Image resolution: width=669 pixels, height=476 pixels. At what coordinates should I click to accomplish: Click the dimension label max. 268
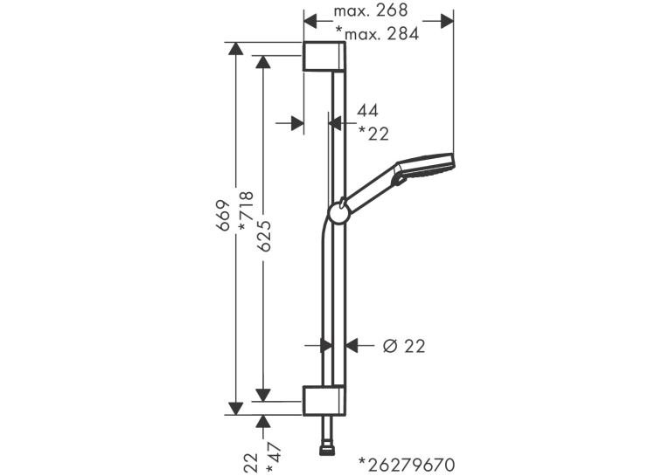point(370,10)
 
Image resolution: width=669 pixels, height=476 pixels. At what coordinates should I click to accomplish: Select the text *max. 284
point(377,33)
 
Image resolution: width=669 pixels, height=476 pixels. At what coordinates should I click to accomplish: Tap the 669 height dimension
point(223,215)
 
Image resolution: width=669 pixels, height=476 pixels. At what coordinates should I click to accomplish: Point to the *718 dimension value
point(246,211)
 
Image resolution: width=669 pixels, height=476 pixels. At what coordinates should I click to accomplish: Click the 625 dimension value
point(264,236)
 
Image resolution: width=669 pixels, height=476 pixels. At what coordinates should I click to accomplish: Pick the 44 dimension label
point(367,111)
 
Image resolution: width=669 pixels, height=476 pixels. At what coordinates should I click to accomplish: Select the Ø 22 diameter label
point(404,347)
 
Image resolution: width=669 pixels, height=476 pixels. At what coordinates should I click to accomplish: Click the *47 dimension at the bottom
point(274,459)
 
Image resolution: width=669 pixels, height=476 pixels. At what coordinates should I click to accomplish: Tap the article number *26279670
point(407,465)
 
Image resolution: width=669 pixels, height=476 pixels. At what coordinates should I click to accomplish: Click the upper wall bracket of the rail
point(324,56)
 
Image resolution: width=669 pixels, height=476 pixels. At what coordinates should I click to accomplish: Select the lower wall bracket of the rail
point(324,401)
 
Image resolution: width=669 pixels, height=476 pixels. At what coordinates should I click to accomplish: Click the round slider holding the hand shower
point(339,212)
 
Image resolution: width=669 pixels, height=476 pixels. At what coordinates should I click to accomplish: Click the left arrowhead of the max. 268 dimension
point(310,21)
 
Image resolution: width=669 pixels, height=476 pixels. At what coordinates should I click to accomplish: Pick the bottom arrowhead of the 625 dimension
point(263,395)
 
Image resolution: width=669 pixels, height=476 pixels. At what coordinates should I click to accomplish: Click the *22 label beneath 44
point(373,135)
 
